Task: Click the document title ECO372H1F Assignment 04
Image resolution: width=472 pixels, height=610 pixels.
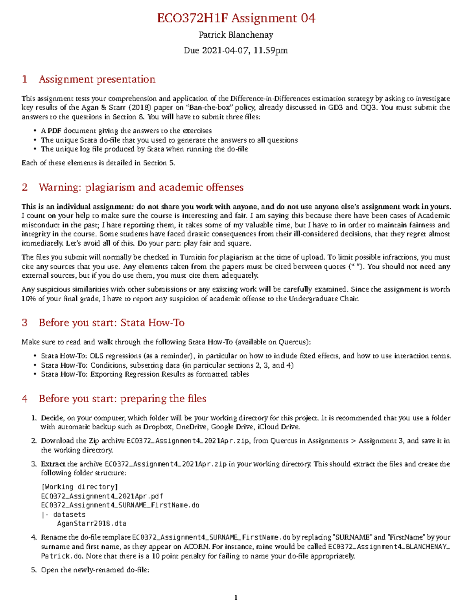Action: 236,18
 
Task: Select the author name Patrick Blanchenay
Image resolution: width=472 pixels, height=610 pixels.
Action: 236,35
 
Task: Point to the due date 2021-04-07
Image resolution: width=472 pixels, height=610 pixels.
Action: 225,51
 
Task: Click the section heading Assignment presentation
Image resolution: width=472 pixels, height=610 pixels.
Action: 97,79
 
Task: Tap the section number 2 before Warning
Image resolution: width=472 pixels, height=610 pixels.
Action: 25,187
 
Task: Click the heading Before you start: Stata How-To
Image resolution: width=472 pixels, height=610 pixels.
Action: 111,323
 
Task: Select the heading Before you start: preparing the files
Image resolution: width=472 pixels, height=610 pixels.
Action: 122,399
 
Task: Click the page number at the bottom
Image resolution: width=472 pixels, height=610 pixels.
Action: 236,598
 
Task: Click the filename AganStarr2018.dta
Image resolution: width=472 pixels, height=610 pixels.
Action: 92,524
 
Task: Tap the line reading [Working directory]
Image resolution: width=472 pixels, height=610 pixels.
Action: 79,487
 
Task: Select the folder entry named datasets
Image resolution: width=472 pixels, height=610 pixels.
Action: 69,515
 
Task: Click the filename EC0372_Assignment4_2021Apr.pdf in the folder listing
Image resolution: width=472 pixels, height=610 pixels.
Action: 102,496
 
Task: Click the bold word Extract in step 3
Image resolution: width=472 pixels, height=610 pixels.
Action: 53,464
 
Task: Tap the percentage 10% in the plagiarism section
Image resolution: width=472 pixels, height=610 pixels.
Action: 28,299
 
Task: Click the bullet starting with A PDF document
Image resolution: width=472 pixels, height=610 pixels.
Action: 126,131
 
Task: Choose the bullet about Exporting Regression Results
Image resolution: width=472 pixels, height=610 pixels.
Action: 145,374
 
